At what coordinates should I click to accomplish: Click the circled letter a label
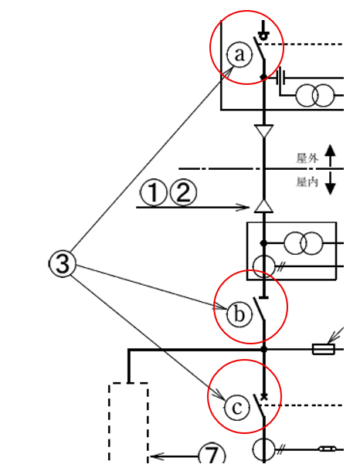239,55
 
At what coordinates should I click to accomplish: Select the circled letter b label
239,313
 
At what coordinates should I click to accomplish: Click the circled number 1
154,192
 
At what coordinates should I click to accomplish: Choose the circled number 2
182,192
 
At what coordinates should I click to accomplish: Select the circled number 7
212,455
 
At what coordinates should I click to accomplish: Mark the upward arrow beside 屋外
330,154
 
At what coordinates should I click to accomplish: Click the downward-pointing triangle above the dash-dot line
264,132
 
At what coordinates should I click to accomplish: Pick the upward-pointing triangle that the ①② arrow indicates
264,206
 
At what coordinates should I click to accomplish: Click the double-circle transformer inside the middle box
303,243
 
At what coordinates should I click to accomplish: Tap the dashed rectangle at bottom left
128,425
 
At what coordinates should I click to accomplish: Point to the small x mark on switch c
265,398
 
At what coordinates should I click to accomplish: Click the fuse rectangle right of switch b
323,350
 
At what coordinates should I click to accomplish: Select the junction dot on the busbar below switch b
264,350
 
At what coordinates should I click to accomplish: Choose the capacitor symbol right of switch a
280,76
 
